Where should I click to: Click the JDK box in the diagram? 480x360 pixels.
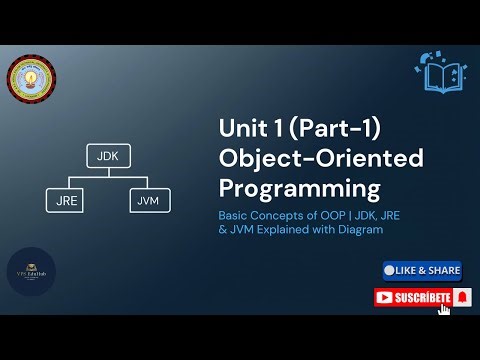(x=107, y=158)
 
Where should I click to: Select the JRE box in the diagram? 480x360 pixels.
(x=65, y=200)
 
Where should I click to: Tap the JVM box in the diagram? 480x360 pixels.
(x=149, y=200)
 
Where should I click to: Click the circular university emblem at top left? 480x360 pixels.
(x=31, y=82)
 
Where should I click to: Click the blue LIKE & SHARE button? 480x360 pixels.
(x=421, y=270)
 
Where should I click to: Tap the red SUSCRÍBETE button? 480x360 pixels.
(x=414, y=297)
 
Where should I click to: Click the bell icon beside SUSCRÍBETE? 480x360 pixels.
(x=461, y=297)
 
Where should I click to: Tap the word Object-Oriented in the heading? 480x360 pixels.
(x=320, y=158)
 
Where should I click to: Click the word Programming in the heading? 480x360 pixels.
(x=286, y=188)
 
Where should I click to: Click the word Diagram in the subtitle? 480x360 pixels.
(x=357, y=229)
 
